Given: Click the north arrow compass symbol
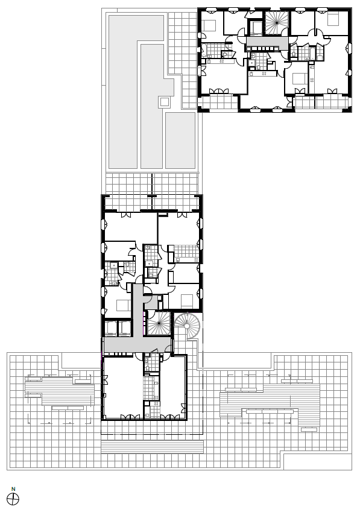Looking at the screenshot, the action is click(x=13, y=499).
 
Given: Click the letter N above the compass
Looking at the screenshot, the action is click(x=13, y=489).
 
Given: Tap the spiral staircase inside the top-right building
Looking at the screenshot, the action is click(x=277, y=23).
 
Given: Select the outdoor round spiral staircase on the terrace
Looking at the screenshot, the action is click(x=188, y=326).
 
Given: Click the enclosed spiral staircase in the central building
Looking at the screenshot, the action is click(x=159, y=323).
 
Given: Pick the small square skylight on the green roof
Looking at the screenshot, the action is click(x=164, y=103).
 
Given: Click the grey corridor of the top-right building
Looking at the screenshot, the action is click(x=267, y=42).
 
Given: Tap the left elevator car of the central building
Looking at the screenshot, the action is click(x=111, y=328).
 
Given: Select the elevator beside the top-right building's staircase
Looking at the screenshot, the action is click(x=257, y=28).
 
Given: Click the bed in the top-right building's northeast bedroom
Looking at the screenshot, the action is click(x=333, y=19).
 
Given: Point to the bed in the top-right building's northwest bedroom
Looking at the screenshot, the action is click(x=210, y=26).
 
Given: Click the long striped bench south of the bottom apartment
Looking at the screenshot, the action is click(x=152, y=447).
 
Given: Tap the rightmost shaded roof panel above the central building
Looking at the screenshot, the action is click(x=180, y=141).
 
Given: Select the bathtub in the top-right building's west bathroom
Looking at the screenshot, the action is click(x=204, y=49).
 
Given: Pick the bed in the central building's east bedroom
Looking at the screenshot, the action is click(x=188, y=300).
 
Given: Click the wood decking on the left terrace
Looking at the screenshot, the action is click(x=60, y=391).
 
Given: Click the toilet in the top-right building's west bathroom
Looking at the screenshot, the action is click(x=225, y=54).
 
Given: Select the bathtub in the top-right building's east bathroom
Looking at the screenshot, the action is click(x=312, y=53).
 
